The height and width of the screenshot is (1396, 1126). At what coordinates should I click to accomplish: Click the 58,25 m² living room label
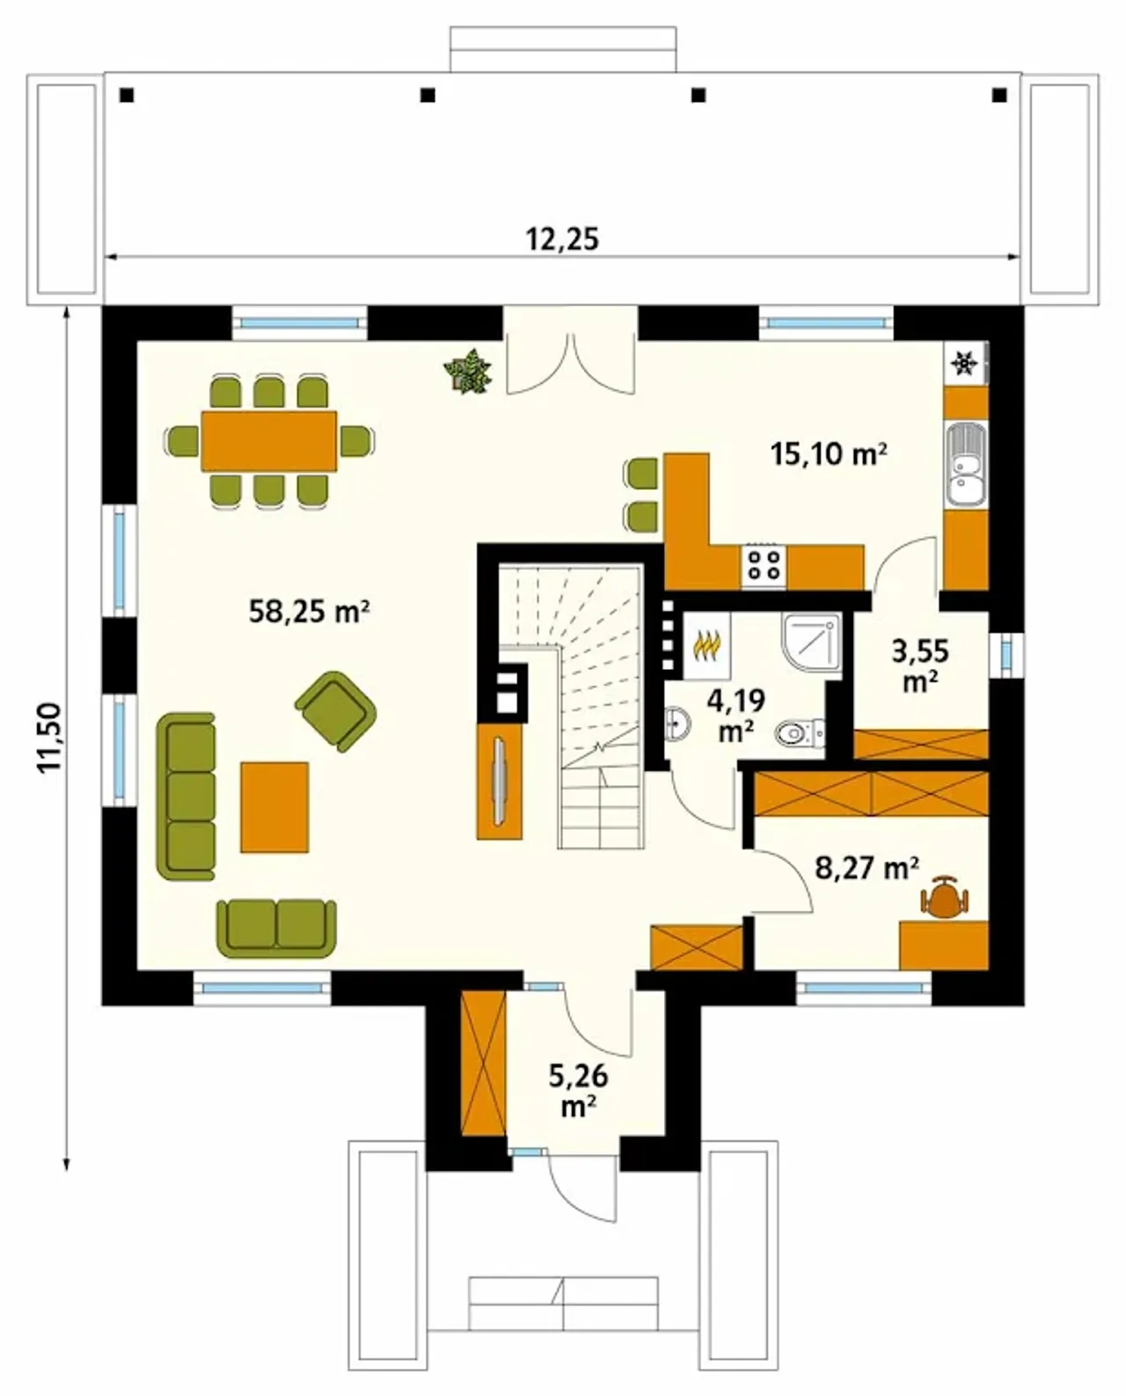coord(309,611)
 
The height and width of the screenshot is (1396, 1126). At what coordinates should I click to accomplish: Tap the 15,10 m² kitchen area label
coord(829,454)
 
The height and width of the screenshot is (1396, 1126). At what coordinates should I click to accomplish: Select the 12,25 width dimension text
coord(562,239)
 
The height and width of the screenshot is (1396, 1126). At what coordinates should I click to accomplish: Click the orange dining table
coord(269,440)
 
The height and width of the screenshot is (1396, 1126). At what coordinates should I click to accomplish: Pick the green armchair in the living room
coord(336,711)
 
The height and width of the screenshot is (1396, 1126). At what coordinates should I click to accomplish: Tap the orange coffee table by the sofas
coord(274,807)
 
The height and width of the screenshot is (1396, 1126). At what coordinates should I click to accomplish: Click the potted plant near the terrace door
coord(468,371)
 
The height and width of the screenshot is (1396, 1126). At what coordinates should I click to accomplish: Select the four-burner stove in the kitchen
coord(764,564)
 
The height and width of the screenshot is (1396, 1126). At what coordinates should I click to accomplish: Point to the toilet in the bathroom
coord(800,734)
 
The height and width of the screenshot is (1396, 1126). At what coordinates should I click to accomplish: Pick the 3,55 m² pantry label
coord(920,665)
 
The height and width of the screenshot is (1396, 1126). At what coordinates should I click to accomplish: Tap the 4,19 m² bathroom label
coord(735,716)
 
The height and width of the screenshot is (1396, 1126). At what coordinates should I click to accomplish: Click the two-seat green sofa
coord(277,927)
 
